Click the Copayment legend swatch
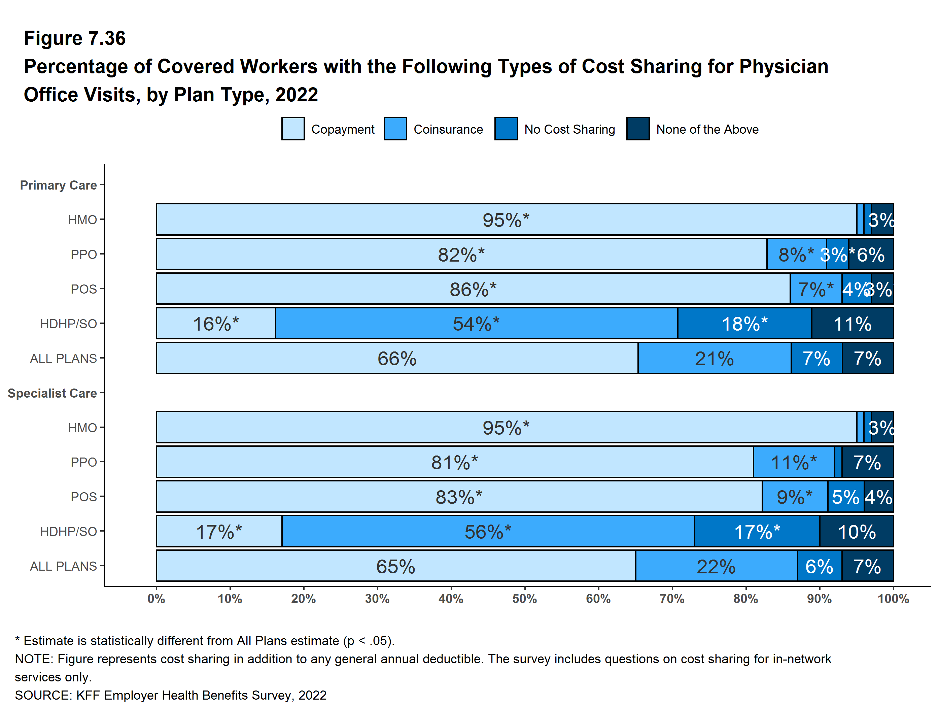click(x=292, y=129)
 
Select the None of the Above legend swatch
click(x=637, y=129)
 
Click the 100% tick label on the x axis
click(x=893, y=599)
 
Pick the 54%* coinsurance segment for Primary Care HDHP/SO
click(x=476, y=324)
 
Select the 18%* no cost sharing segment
click(x=744, y=324)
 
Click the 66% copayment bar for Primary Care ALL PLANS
click(x=397, y=359)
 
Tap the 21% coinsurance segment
click(x=715, y=359)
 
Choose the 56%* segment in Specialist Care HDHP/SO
click(x=488, y=531)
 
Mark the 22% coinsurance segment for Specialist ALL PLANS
click(x=716, y=566)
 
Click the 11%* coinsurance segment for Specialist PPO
click(x=793, y=462)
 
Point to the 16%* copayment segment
click(x=216, y=324)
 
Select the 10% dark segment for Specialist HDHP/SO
click(x=856, y=531)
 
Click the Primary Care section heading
click(x=58, y=185)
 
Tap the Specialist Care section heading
click(x=52, y=393)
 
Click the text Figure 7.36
click(x=75, y=38)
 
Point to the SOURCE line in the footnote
click(x=171, y=695)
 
